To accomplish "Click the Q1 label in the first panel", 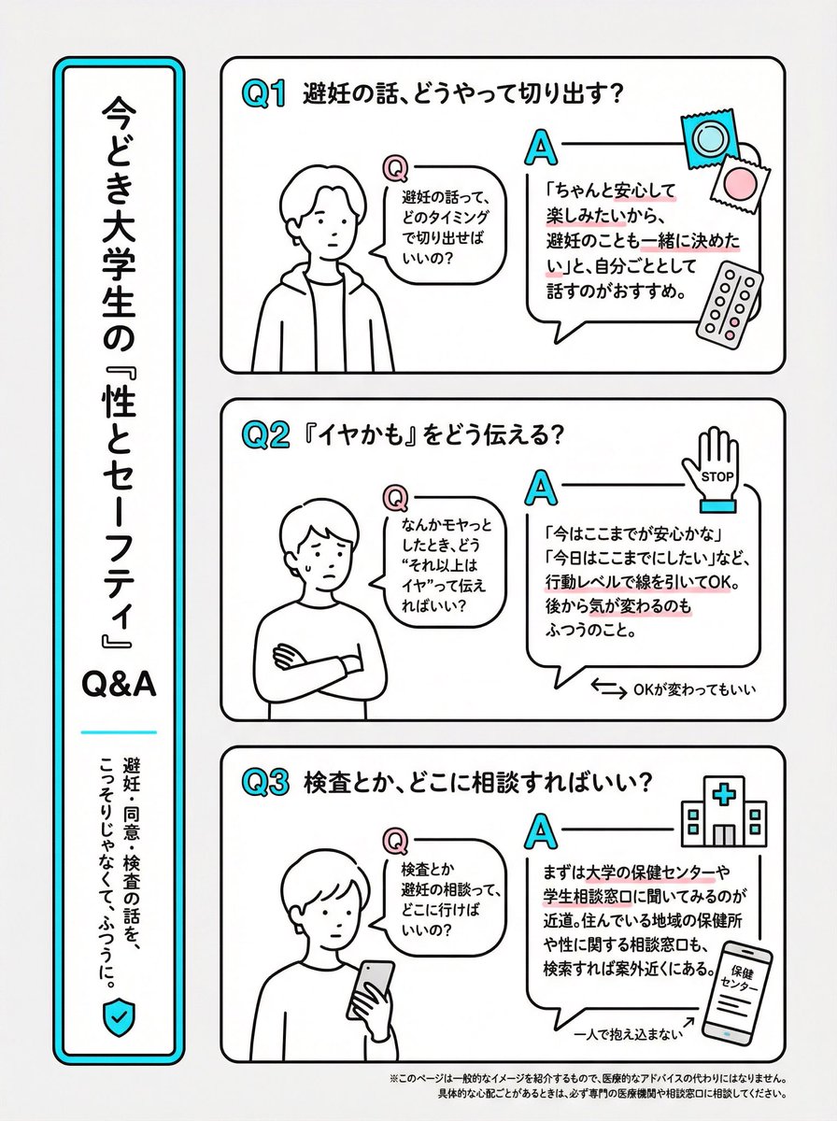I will point(263,94).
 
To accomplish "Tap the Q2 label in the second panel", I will point(263,436).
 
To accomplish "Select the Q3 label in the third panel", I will point(263,783).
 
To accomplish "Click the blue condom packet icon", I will point(707,137).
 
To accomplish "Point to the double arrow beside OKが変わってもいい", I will point(608,689).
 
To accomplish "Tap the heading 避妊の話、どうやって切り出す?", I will point(465,94).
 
